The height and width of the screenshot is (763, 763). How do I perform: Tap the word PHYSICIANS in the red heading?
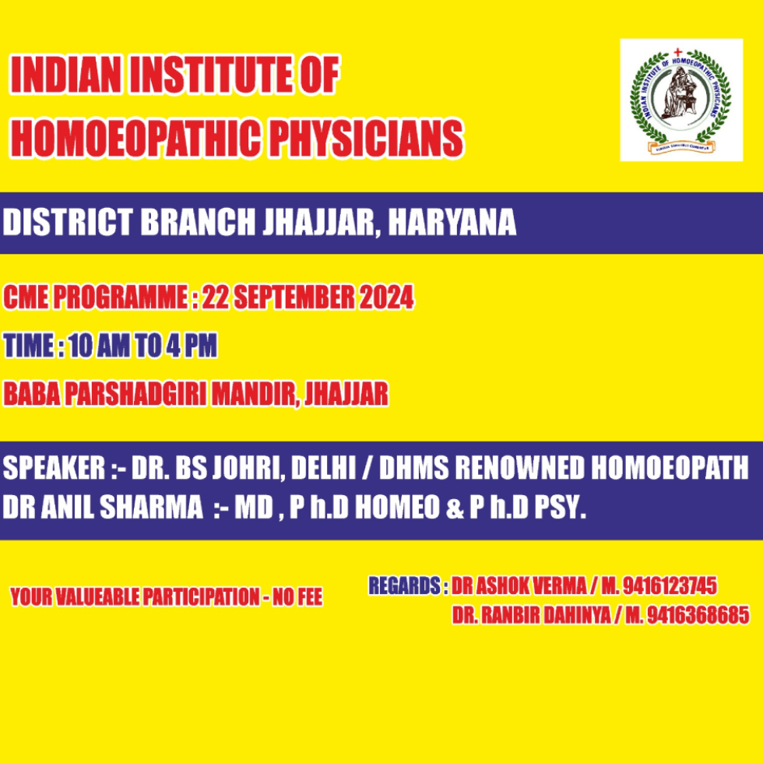click(367, 139)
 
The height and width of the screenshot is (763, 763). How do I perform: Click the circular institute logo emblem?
click(680, 100)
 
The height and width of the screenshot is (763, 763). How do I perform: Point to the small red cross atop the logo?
click(677, 52)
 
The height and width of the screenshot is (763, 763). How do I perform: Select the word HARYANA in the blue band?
click(452, 223)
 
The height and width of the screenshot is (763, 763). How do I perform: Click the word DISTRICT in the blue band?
click(68, 223)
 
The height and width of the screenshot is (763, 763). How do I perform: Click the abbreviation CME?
click(26, 297)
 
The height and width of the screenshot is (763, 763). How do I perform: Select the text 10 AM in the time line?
click(99, 346)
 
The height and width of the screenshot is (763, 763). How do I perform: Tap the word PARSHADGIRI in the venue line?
click(135, 393)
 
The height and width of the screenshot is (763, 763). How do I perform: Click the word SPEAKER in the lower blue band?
click(54, 468)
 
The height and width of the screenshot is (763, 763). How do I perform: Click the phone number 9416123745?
click(670, 585)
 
